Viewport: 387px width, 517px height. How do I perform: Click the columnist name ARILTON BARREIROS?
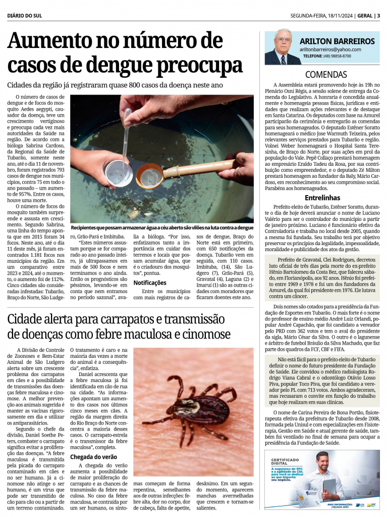pos(337,41)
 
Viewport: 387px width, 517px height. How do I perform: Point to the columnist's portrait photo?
pos(283,47)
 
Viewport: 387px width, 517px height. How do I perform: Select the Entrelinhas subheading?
pos(322,198)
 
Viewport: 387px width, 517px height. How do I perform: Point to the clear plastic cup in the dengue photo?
pos(119,173)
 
